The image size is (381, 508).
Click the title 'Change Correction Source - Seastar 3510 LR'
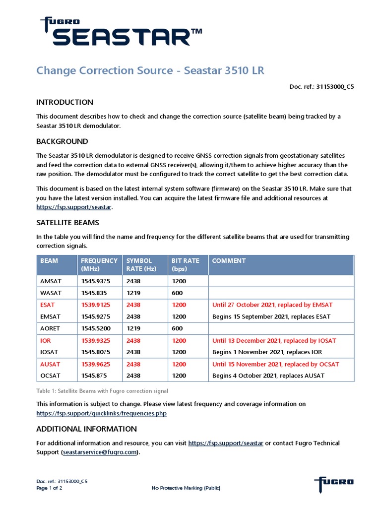click(150, 70)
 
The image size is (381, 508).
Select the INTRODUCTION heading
click(64, 102)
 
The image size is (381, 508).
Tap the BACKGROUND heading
click(62, 141)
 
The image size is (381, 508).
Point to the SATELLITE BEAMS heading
click(67, 222)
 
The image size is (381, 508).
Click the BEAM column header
click(49, 261)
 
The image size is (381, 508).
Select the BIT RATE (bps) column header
click(186, 264)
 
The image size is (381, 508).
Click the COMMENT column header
click(229, 261)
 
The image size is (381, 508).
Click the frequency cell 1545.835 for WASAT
click(94, 293)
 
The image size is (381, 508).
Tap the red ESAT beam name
click(48, 305)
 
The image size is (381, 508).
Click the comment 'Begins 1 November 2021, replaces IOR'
click(267, 352)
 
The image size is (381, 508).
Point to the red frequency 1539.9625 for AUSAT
click(96, 364)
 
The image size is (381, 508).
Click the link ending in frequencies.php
click(101, 413)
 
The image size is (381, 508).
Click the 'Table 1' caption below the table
click(102, 391)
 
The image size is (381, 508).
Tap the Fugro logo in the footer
click(334, 482)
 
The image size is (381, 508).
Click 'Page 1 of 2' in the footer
click(49, 488)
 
